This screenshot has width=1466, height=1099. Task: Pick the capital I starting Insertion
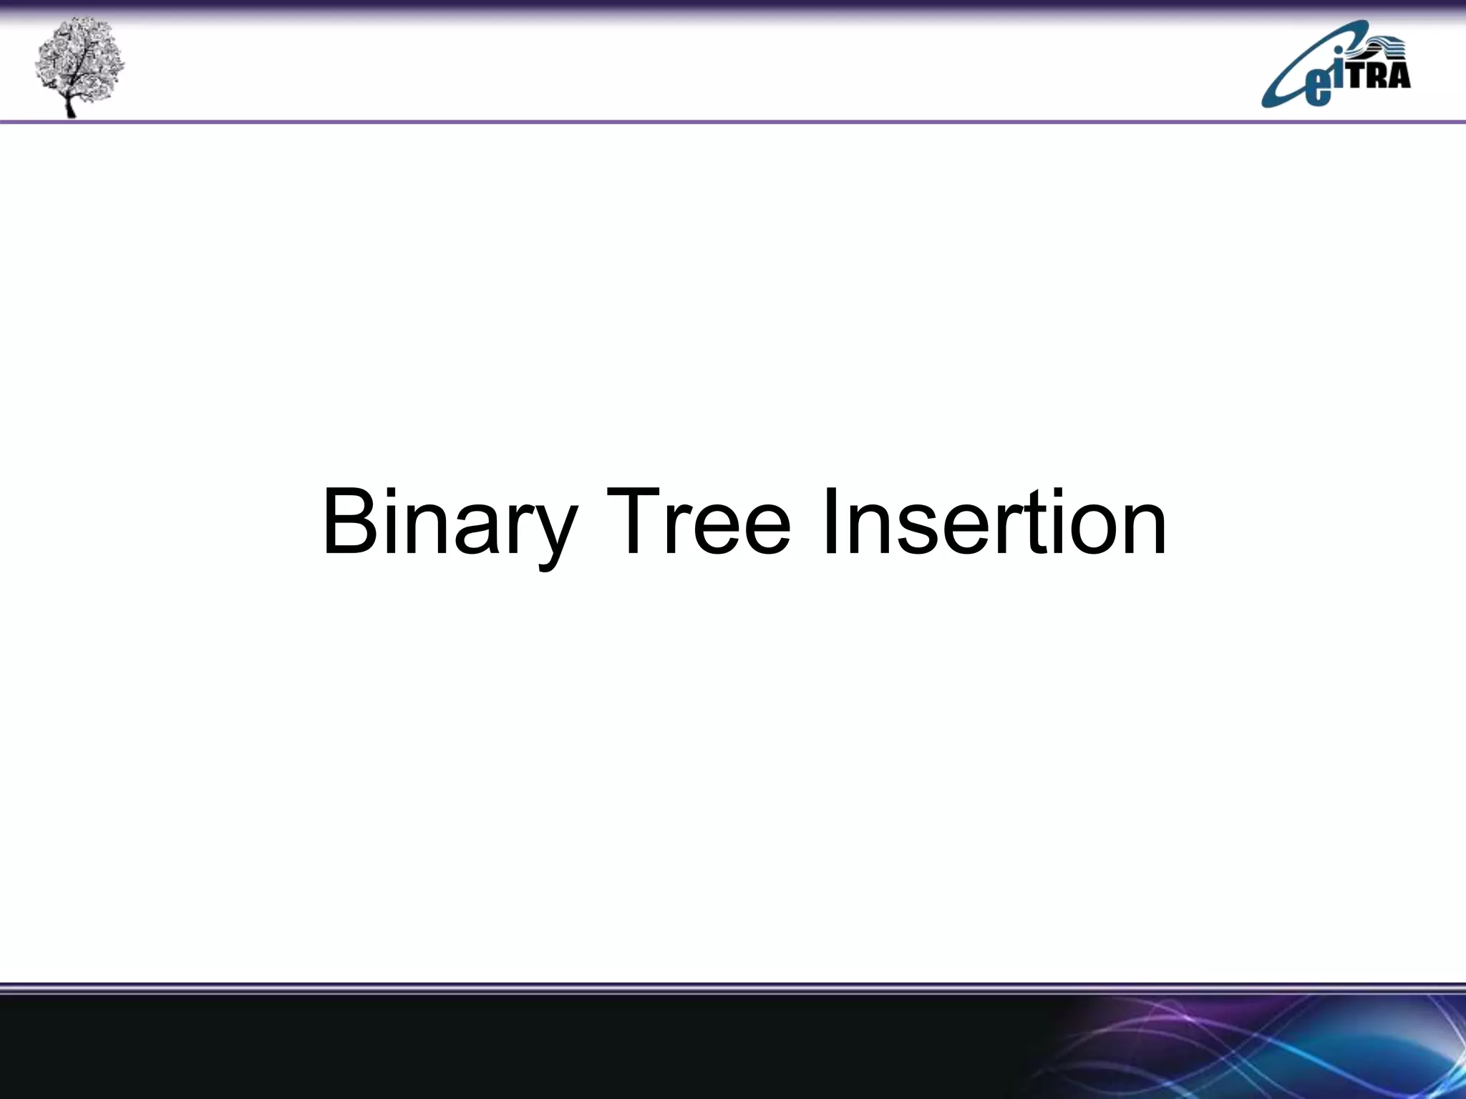tap(830, 521)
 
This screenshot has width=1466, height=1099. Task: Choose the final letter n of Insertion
tap(1142, 529)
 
